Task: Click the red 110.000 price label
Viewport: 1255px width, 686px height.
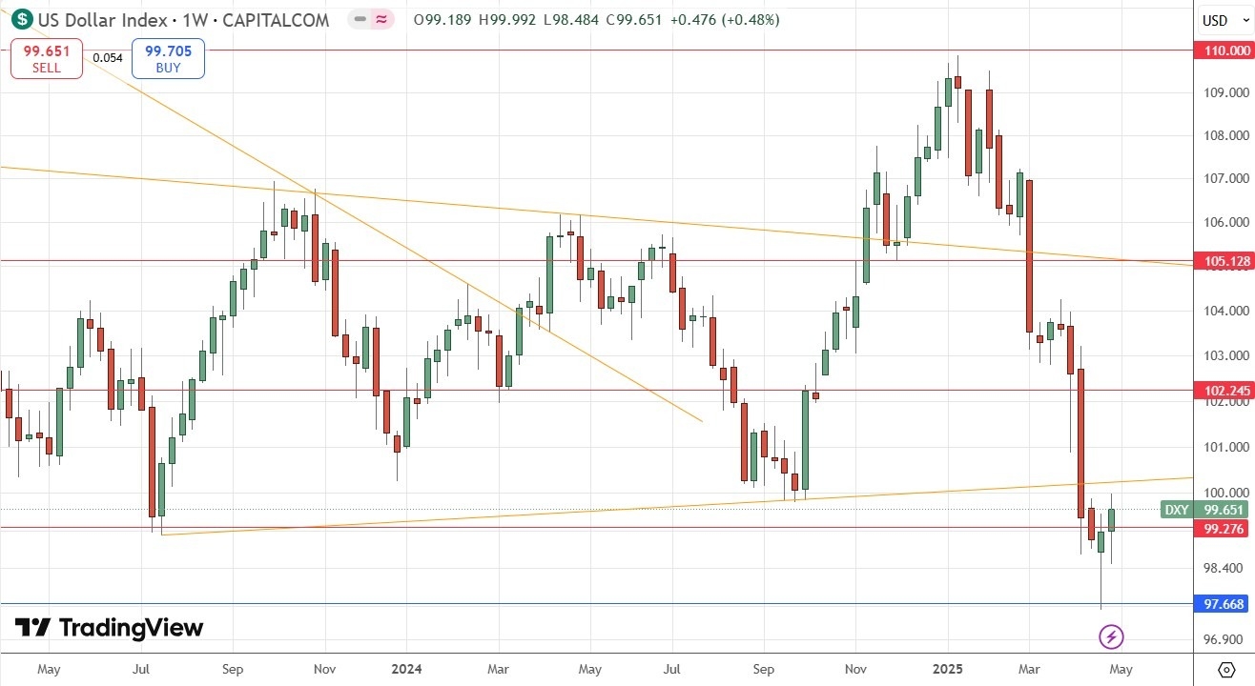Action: [1222, 50]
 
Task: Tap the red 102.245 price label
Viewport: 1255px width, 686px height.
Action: [1222, 391]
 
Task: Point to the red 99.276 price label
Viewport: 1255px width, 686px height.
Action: [1222, 528]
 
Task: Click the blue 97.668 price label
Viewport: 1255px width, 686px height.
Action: [1222, 604]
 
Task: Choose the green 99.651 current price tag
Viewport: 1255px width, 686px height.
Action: [1222, 510]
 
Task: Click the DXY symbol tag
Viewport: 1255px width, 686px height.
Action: [1177, 510]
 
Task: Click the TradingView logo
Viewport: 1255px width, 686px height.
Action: [109, 628]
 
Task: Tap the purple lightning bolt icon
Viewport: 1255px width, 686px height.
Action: [1110, 636]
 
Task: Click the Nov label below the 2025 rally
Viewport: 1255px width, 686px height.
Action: [854, 669]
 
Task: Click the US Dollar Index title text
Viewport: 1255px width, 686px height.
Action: [104, 20]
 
